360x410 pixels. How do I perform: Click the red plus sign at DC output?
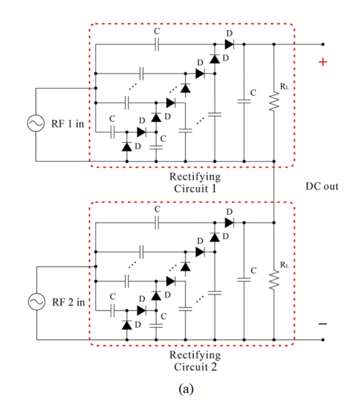[x=323, y=62]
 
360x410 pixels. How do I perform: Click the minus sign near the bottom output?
[x=323, y=324]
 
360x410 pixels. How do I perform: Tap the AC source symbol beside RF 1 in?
[x=36, y=123]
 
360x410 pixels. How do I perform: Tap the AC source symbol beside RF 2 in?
[x=37, y=302]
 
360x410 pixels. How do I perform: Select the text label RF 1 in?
[x=68, y=123]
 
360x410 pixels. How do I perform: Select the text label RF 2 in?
[x=69, y=302]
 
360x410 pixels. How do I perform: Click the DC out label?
[x=322, y=186]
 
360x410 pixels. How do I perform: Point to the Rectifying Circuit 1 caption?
[x=195, y=183]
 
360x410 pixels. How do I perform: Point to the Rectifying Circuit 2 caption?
[x=195, y=361]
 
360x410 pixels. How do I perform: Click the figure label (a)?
[x=186, y=388]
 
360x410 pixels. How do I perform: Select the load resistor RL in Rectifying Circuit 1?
[x=274, y=101]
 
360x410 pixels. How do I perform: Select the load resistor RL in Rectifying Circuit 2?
[x=274, y=280]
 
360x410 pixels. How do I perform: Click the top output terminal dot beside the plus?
[x=323, y=44]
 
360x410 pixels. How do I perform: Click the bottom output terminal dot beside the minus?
[x=323, y=339]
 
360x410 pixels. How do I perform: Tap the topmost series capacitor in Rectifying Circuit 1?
[x=156, y=44]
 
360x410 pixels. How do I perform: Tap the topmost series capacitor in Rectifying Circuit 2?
[x=156, y=223]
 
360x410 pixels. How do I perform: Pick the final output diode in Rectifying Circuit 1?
[x=229, y=44]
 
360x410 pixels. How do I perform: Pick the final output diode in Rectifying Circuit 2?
[x=229, y=223]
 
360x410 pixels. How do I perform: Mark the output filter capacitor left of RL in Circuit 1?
[x=244, y=101]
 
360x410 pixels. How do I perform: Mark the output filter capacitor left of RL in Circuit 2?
[x=244, y=280]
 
